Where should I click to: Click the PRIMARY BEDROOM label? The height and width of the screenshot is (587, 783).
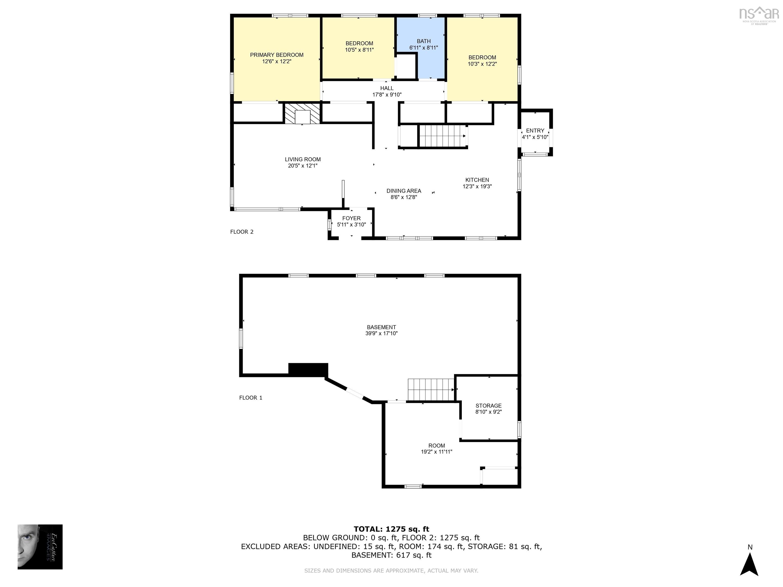tap(277, 55)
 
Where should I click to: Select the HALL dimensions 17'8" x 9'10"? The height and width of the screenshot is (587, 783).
tap(387, 95)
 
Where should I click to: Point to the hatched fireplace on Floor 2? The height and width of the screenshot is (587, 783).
tap(302, 113)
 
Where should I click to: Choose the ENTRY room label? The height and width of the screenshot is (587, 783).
tap(535, 130)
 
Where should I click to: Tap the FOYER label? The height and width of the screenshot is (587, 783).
tap(351, 218)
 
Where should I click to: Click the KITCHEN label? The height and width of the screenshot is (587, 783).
tap(477, 180)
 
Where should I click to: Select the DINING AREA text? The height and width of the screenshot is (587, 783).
tap(403, 191)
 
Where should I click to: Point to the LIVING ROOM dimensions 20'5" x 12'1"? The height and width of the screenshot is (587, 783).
tap(302, 166)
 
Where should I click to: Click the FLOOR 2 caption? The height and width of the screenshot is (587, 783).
tap(242, 232)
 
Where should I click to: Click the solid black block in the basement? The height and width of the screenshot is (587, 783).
tap(308, 369)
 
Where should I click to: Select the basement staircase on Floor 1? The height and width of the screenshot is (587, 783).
tap(431, 390)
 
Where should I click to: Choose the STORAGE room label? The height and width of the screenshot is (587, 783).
tap(488, 406)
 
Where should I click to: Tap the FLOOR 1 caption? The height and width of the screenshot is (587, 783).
tap(251, 398)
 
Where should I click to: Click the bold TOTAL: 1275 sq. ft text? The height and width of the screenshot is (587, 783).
tap(391, 529)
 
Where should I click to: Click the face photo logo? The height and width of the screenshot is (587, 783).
tap(40, 547)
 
